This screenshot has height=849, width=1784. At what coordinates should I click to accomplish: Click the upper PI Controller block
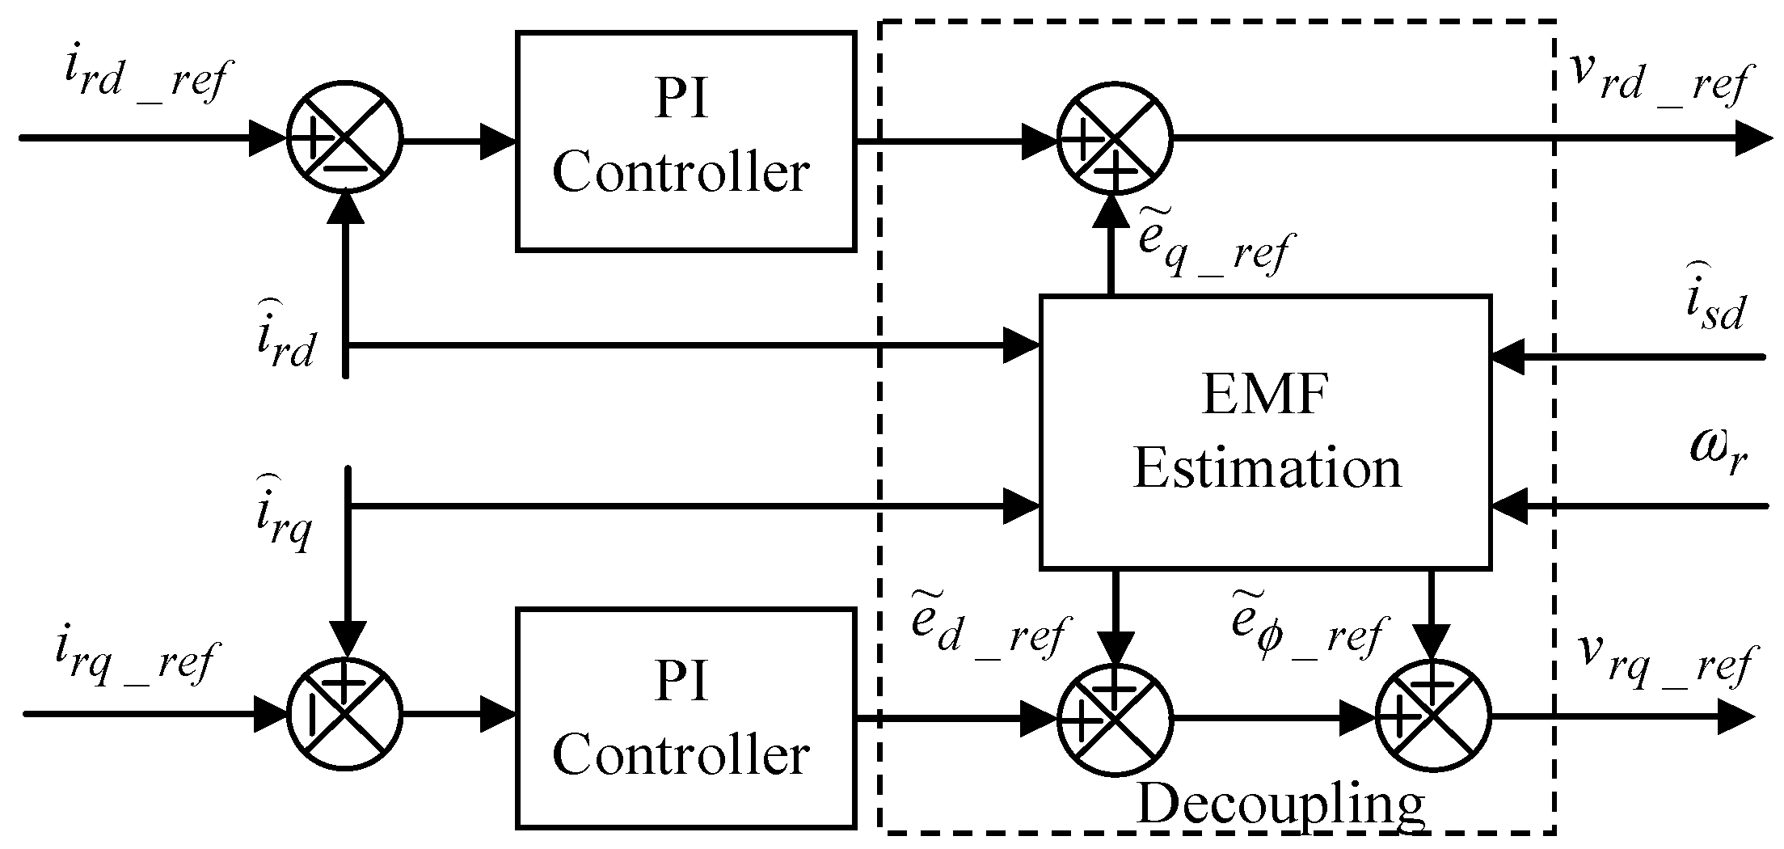point(685,141)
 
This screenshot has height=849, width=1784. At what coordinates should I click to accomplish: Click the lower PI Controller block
point(685,718)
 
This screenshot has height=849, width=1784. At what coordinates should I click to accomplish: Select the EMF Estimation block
point(1265,432)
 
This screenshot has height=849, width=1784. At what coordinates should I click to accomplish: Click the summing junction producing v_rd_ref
point(1114,137)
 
